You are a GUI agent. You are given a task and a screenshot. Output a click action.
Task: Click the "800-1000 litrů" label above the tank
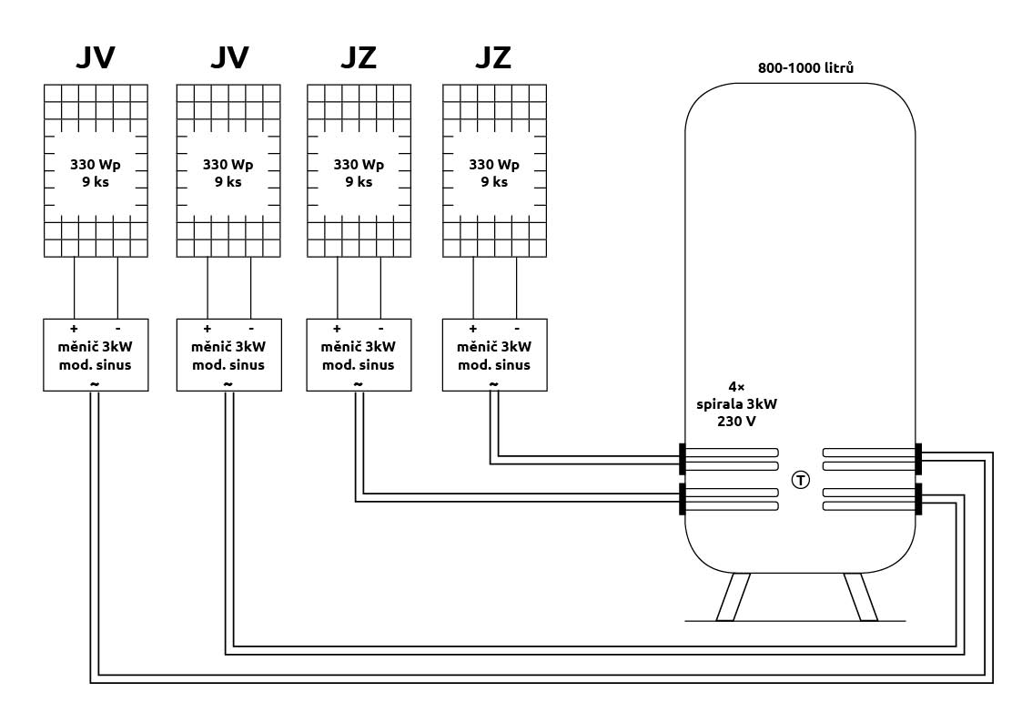point(805,68)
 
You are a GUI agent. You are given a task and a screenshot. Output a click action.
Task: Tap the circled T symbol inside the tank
point(800,479)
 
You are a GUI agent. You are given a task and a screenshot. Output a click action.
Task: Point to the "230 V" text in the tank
point(737,422)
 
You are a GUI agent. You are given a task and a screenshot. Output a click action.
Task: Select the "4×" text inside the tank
point(737,386)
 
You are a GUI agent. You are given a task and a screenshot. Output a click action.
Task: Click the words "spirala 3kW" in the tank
point(737,404)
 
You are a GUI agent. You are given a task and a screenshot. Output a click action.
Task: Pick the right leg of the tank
point(862,597)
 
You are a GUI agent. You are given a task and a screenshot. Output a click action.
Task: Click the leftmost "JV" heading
point(95,57)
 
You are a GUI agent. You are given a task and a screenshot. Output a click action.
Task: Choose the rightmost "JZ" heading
point(493,57)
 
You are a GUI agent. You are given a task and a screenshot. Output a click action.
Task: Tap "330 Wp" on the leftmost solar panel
point(96,165)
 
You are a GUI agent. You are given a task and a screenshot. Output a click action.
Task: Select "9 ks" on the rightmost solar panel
point(494,182)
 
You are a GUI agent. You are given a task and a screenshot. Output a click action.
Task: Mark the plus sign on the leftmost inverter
point(74,328)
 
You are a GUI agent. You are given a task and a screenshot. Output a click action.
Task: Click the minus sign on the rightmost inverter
point(516,328)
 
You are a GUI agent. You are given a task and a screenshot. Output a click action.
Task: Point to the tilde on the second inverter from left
point(228,383)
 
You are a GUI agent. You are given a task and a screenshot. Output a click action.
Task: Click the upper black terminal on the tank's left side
point(682,459)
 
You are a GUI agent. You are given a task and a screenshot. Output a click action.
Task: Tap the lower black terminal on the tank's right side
point(919,499)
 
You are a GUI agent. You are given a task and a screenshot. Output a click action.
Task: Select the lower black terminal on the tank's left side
point(682,499)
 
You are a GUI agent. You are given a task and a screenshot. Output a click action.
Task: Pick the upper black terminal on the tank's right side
point(919,459)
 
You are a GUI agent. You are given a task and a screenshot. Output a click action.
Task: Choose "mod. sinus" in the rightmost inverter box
point(494,365)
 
